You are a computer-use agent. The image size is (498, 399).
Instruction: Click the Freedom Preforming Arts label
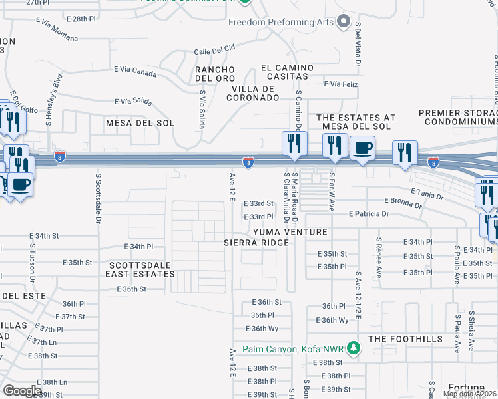point(281,22)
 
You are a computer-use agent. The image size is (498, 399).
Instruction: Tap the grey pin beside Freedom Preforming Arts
point(344,22)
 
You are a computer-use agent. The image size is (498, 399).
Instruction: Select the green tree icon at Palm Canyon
point(355,348)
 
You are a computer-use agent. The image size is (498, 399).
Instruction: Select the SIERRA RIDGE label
point(256,243)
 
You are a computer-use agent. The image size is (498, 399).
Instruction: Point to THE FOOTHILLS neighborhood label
point(405,339)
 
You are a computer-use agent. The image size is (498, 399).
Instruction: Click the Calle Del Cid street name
point(215,49)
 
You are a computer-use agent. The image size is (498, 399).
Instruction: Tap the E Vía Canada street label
point(135,69)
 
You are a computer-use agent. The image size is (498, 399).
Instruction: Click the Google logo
point(22,391)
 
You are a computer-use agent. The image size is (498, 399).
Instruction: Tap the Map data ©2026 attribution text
point(469,394)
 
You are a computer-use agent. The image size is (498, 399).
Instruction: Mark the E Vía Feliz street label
point(341,84)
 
